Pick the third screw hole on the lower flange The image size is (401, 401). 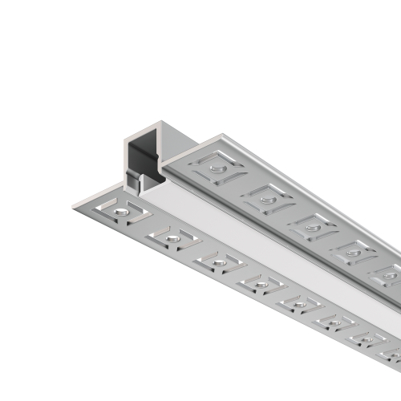217,261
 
